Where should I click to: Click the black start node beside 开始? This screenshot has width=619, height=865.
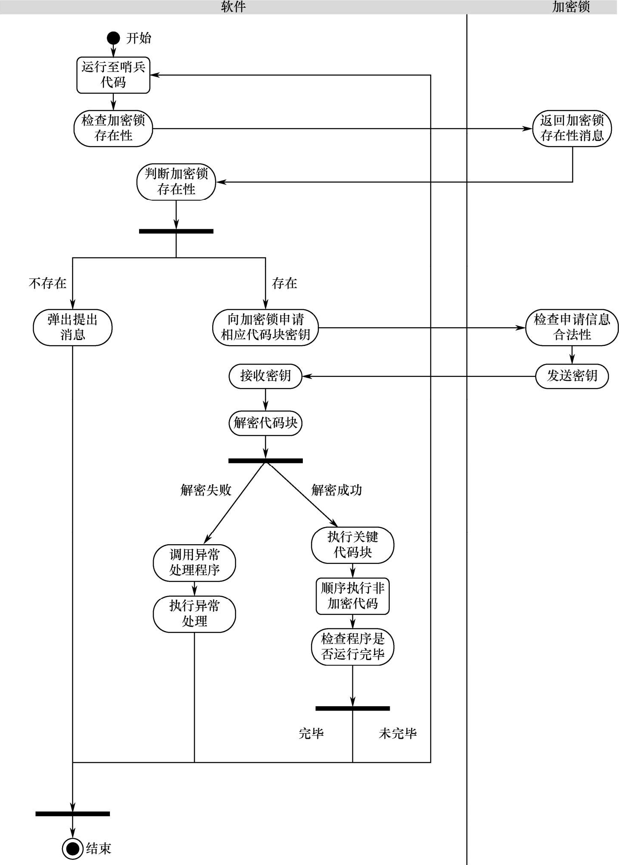(113, 38)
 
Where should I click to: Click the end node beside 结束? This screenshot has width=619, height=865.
(72, 848)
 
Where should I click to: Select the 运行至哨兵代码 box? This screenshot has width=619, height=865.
(113, 75)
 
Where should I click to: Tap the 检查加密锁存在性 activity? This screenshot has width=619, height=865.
(113, 128)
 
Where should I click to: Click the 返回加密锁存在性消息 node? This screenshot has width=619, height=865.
(572, 128)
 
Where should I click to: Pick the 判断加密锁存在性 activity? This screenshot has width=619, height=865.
(176, 182)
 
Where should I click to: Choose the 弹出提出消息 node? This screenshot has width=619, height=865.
(73, 327)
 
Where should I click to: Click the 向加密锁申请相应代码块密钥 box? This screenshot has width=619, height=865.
(266, 327)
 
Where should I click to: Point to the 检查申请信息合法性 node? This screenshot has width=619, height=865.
(572, 327)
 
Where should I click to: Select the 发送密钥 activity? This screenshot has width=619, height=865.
(572, 376)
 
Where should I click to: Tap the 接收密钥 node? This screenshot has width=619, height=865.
(266, 376)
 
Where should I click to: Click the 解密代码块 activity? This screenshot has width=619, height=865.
(266, 423)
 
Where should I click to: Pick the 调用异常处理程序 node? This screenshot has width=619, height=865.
(195, 563)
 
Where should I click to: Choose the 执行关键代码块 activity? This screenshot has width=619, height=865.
(353, 545)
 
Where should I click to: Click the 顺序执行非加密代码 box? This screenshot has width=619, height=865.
(353, 596)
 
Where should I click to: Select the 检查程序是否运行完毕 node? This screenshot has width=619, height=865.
(353, 646)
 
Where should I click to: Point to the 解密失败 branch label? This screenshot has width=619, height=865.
(206, 490)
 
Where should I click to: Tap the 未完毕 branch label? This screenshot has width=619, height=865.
(398, 734)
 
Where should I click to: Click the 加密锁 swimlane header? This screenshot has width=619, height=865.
(571, 7)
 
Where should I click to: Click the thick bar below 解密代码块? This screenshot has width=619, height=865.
(266, 461)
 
